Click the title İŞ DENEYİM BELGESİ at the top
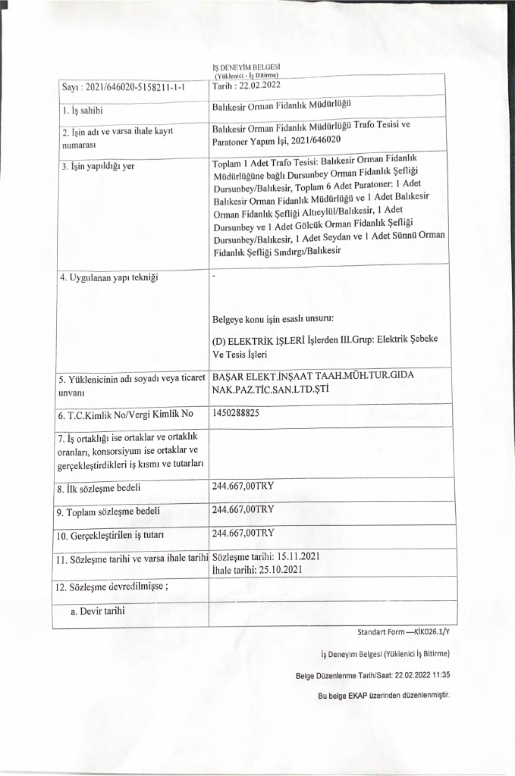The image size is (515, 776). pos(248,67)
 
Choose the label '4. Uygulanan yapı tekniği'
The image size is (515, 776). pos(108,277)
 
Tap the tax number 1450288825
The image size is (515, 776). pos(237,413)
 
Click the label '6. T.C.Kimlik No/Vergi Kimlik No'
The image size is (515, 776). pos(127,415)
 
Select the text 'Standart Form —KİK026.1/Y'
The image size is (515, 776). pos(408,631)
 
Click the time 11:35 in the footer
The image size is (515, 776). pos(439,675)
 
